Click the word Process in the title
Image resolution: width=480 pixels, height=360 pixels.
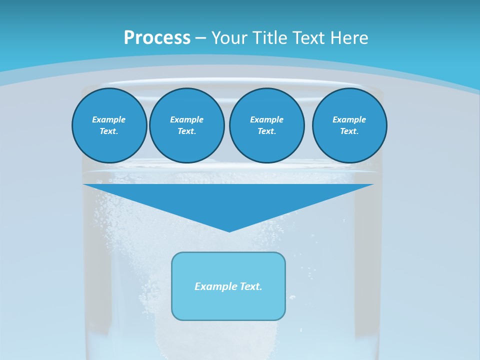157,38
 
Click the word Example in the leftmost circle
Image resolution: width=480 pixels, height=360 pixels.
109,119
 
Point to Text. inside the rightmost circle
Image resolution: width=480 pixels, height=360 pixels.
349,131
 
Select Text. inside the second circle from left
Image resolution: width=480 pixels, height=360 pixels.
187,131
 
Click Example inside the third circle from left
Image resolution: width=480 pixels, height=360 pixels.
266,119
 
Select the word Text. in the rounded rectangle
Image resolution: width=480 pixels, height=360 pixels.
251,286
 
